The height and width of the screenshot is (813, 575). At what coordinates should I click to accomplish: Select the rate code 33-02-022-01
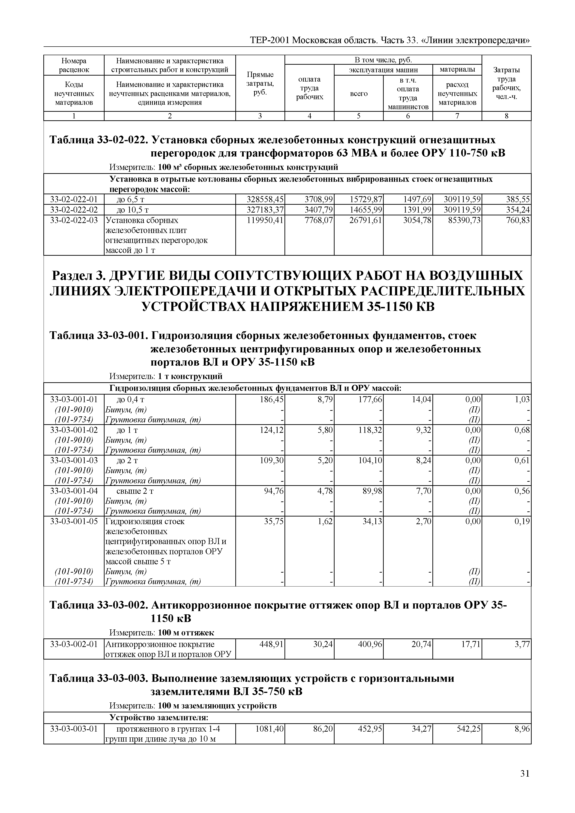(x=74, y=199)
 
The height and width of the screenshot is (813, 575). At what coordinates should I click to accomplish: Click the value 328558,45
(x=265, y=199)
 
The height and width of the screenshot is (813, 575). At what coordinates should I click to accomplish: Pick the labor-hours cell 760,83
(x=518, y=220)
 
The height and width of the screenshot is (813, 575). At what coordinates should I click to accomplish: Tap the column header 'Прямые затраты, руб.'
(x=260, y=83)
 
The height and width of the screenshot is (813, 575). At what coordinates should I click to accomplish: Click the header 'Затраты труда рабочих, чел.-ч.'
(x=506, y=83)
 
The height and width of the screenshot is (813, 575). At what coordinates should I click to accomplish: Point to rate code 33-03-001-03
(x=74, y=460)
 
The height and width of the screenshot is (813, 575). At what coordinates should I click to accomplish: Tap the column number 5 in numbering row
(x=358, y=116)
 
